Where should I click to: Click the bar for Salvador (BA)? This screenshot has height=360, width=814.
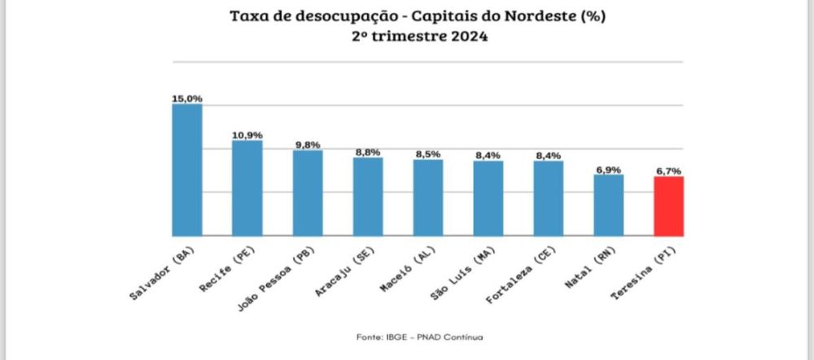186,169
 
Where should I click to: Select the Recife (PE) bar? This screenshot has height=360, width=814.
247,187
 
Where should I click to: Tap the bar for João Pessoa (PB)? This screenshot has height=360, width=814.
308,192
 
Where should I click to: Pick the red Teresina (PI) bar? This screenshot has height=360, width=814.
668,205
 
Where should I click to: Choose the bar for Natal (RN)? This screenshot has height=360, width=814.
608,204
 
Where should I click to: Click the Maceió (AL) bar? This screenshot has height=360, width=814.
428,197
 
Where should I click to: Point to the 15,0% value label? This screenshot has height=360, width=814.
186,99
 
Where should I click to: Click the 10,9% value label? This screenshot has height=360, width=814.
247,134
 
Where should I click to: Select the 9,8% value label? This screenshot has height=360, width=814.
308,144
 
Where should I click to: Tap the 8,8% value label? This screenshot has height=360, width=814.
368,152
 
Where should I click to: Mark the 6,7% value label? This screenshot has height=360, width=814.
668,171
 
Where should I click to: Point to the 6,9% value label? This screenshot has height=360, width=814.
608,169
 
